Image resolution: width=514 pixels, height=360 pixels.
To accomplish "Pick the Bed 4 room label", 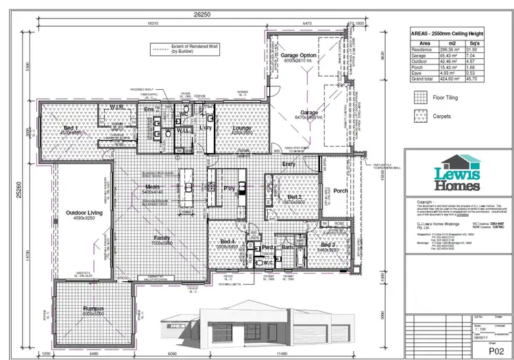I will (228, 242).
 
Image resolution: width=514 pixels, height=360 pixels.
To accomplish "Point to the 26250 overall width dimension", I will (200, 13).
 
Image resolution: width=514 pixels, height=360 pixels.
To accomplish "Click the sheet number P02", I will (488, 348).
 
